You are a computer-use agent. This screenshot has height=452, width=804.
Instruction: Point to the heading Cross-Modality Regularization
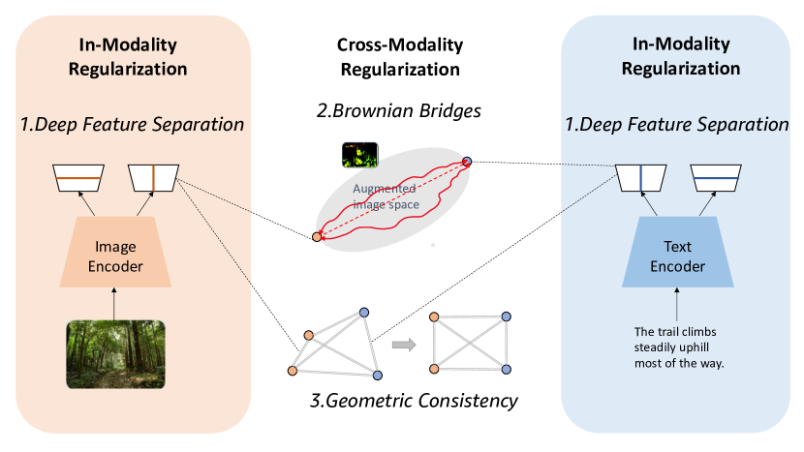pyautogui.click(x=400, y=58)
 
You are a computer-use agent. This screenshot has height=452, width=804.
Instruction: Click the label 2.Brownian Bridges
pyautogui.click(x=400, y=112)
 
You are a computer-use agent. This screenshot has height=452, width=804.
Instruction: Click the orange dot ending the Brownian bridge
pyautogui.click(x=317, y=236)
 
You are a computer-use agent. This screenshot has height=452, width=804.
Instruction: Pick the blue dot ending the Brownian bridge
pyautogui.click(x=467, y=161)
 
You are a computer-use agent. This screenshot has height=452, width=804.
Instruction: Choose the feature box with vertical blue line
pyautogui.click(x=641, y=178)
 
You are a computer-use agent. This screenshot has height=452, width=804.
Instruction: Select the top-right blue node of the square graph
pyautogui.click(x=505, y=316)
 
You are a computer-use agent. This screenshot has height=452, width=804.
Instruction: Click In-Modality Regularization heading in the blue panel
pyautogui.click(x=680, y=58)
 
